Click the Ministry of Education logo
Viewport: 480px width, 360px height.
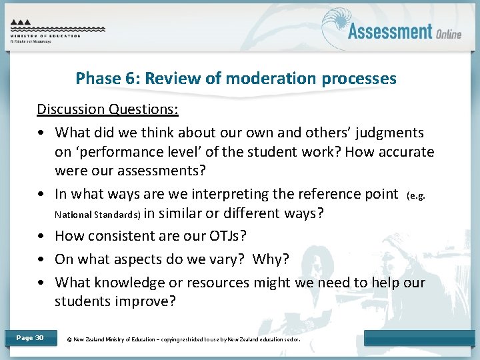57,30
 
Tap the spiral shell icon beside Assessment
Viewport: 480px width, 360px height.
333,31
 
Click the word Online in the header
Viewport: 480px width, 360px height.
449,34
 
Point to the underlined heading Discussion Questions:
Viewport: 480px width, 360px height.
107,109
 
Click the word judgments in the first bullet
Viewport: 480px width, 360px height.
390,133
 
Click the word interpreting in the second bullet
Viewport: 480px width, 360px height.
225,194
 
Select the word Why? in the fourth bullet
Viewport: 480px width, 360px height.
271,259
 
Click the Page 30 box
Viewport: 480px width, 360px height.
30,338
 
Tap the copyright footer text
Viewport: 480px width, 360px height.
184,339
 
